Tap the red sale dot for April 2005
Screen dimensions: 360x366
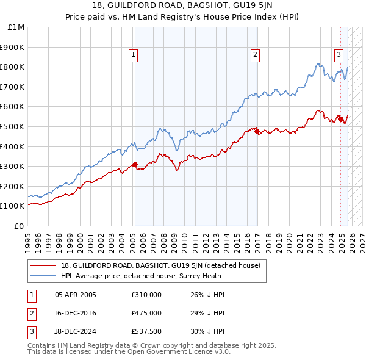(135, 164)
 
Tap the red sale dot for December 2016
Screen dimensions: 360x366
(257, 131)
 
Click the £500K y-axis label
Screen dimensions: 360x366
(13, 126)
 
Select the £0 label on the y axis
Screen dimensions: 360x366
(18, 226)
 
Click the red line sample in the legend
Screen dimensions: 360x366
(43, 265)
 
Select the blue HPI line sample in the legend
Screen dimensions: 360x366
(43, 276)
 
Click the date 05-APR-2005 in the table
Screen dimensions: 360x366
(76, 295)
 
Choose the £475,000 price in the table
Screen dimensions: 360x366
(146, 313)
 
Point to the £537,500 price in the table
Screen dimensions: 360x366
(146, 331)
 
